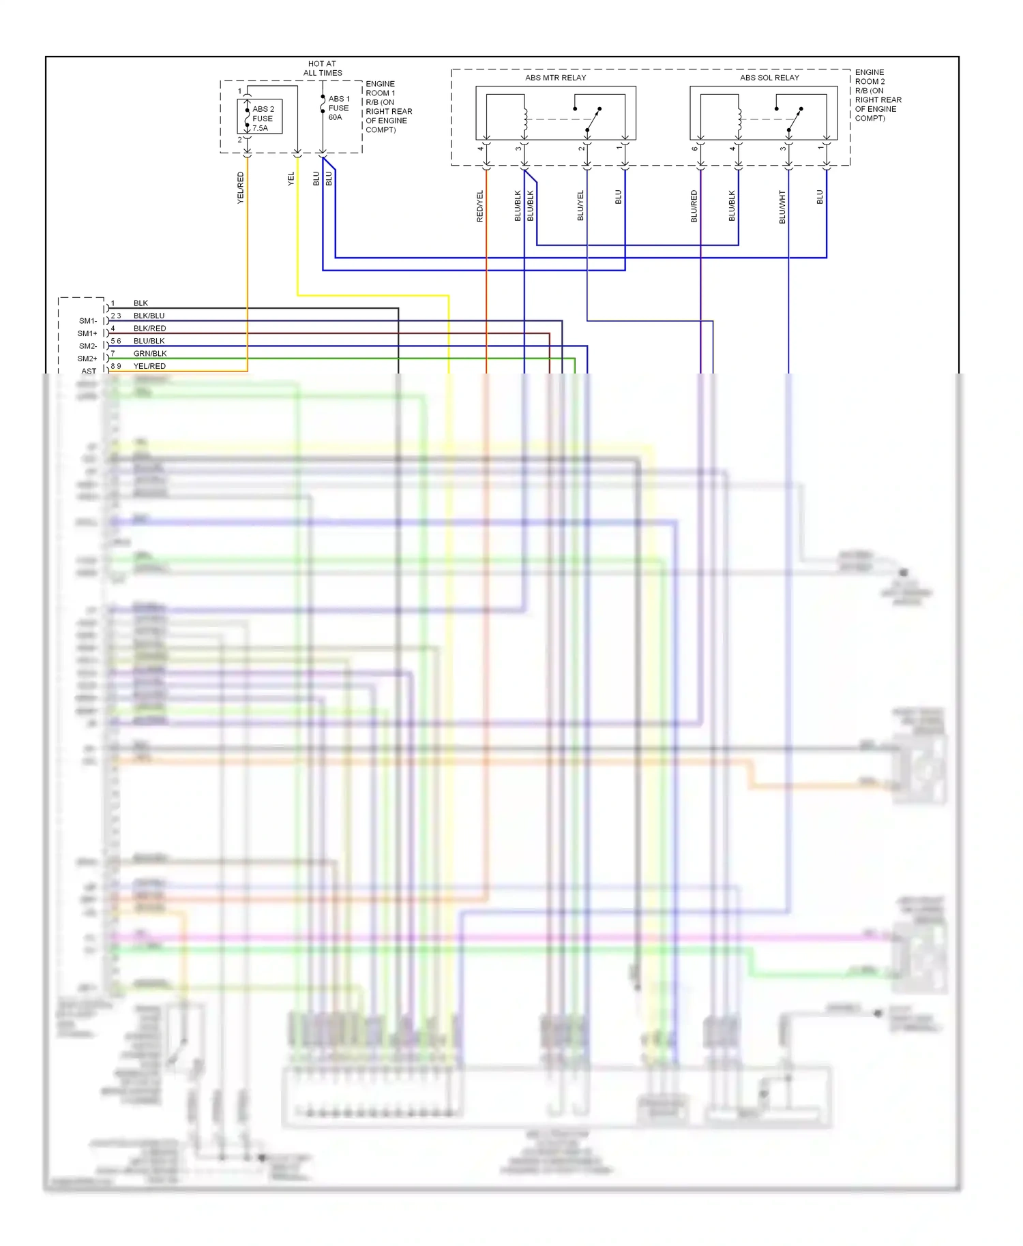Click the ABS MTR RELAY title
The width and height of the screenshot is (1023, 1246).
pyautogui.click(x=555, y=78)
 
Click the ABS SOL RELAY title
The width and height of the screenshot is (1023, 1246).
pyautogui.click(x=769, y=78)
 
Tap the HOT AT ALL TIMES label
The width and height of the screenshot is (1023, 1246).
pyautogui.click(x=323, y=68)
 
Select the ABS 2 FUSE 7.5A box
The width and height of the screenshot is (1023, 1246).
pyautogui.click(x=260, y=117)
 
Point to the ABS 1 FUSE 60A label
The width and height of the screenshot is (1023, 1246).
pyautogui.click(x=338, y=108)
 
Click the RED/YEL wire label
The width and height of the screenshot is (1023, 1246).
pyautogui.click(x=479, y=206)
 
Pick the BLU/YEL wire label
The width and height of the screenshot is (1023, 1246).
pyautogui.click(x=580, y=205)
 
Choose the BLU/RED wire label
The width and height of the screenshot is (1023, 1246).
pyautogui.click(x=694, y=206)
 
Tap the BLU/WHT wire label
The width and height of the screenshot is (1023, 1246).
pyautogui.click(x=782, y=207)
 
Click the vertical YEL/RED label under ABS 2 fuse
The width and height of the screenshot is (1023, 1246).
pyautogui.click(x=240, y=187)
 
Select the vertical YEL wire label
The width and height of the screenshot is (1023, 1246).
pyautogui.click(x=291, y=179)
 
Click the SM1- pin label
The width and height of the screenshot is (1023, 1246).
pyautogui.click(x=88, y=321)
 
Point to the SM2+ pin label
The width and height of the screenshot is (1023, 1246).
pyautogui.click(x=87, y=359)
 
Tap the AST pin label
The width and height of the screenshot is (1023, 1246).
pyautogui.click(x=89, y=371)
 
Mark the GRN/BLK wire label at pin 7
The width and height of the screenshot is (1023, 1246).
pyautogui.click(x=150, y=354)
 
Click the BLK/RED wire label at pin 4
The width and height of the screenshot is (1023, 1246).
pyautogui.click(x=149, y=329)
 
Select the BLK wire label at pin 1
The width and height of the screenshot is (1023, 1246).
pyautogui.click(x=140, y=303)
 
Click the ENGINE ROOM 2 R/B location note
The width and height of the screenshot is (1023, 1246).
pyautogui.click(x=878, y=95)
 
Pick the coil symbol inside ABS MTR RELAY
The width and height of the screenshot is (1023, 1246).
pyautogui.click(x=525, y=119)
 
